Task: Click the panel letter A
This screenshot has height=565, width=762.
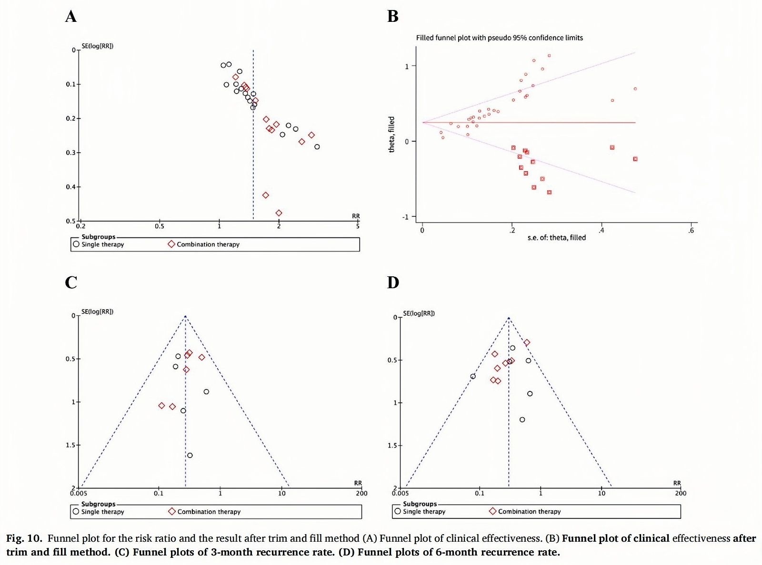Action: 70,17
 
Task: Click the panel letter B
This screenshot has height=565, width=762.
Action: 392,17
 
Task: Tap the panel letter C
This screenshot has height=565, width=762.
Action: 70,282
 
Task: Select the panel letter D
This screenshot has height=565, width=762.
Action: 393,282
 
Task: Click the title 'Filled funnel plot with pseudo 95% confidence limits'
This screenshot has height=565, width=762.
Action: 499,38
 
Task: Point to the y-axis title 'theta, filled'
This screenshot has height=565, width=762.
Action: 391,134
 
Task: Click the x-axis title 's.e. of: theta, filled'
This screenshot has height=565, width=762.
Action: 556,237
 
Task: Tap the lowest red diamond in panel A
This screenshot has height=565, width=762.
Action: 279,213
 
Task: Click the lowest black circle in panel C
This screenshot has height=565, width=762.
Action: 190,455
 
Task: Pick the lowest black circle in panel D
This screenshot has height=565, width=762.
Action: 522,419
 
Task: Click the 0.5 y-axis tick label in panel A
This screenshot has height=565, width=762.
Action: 70,221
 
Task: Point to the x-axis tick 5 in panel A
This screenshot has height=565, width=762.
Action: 358,226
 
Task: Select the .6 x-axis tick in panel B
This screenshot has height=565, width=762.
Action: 691,231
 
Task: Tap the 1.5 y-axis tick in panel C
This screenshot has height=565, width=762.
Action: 70,445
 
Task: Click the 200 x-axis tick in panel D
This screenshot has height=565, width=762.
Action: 681,493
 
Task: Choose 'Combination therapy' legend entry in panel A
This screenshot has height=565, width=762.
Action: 208,244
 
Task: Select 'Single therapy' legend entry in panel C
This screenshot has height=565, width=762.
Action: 102,512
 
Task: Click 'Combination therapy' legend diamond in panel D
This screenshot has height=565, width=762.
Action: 492,511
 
